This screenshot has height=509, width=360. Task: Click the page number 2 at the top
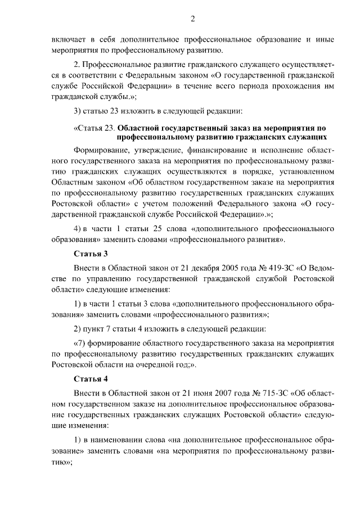point(193,19)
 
